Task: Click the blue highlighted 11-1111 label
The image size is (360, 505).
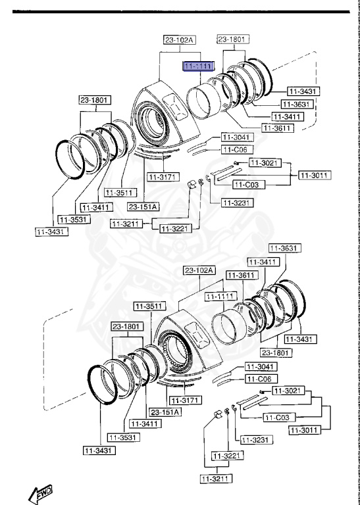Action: click(x=197, y=66)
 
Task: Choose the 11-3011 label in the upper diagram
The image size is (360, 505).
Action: click(x=315, y=175)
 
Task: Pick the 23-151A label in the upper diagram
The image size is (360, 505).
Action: click(x=143, y=207)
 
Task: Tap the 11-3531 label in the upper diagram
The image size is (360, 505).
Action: click(x=74, y=219)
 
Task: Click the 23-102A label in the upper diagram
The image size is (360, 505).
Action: click(x=180, y=40)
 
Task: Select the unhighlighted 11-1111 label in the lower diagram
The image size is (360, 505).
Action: click(x=220, y=297)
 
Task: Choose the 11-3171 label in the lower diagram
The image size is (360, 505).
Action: click(x=184, y=400)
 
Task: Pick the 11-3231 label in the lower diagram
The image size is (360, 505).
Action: click(x=253, y=439)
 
